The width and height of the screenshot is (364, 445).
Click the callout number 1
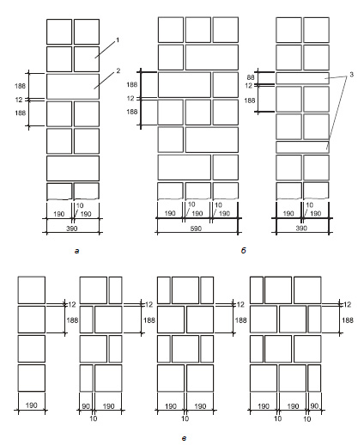[x=117, y=40]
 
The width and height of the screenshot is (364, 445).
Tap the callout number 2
[x=118, y=70]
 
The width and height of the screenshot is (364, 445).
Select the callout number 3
[x=352, y=75]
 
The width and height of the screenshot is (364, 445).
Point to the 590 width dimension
[x=196, y=229]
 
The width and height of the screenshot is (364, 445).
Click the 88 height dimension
[x=251, y=77]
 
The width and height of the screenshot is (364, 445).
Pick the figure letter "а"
[x=76, y=251]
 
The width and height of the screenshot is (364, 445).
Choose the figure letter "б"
[x=243, y=251]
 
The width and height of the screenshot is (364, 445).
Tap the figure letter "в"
[x=184, y=438]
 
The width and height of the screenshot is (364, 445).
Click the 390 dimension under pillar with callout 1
[x=71, y=229]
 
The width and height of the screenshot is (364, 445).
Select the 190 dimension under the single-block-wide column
[x=31, y=405]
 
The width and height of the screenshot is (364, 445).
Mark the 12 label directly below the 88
[x=249, y=86]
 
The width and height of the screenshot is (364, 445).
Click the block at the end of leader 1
[x=87, y=59]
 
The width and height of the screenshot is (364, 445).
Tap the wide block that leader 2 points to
[x=73, y=87]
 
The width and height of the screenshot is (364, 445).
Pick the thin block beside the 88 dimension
[x=302, y=78]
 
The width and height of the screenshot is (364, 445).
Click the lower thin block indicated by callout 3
[x=302, y=147]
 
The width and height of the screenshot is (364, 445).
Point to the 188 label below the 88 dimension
[x=250, y=101]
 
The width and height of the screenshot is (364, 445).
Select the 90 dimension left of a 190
[x=86, y=406]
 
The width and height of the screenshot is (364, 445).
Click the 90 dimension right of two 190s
[x=314, y=406]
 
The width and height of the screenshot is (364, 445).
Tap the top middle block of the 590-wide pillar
[x=198, y=30]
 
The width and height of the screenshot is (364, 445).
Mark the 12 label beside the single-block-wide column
[x=72, y=304]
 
